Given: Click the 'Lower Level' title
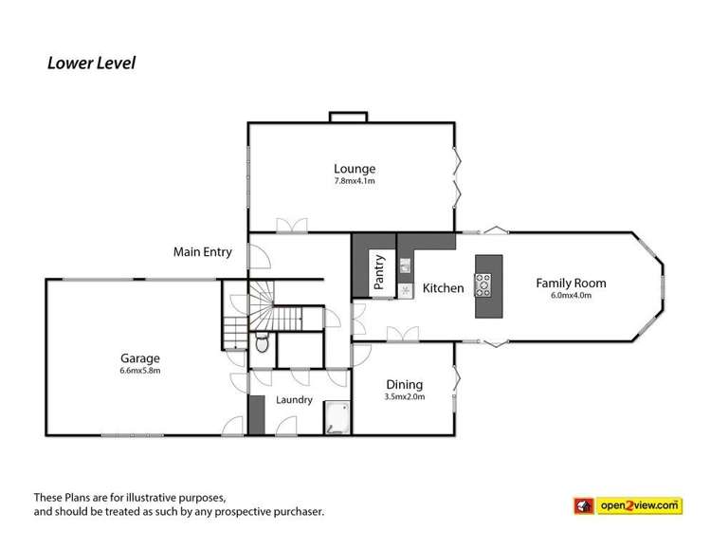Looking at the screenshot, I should click(x=92, y=64).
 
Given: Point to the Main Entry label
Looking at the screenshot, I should click(x=202, y=252).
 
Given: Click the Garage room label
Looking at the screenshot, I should click(x=139, y=357).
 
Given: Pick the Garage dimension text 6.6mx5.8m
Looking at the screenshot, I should click(x=139, y=370).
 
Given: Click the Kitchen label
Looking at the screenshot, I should click(x=443, y=287).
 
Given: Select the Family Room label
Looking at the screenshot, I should click(x=570, y=283).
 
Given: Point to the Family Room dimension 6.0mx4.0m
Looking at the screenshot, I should click(x=570, y=295).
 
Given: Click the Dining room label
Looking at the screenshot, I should click(x=404, y=384).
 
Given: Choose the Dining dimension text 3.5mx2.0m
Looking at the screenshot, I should click(x=404, y=396).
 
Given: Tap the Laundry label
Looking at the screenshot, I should click(x=294, y=400).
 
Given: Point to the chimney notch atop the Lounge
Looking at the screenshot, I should click(x=348, y=117).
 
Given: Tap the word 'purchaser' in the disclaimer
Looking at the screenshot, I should click(x=295, y=512).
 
